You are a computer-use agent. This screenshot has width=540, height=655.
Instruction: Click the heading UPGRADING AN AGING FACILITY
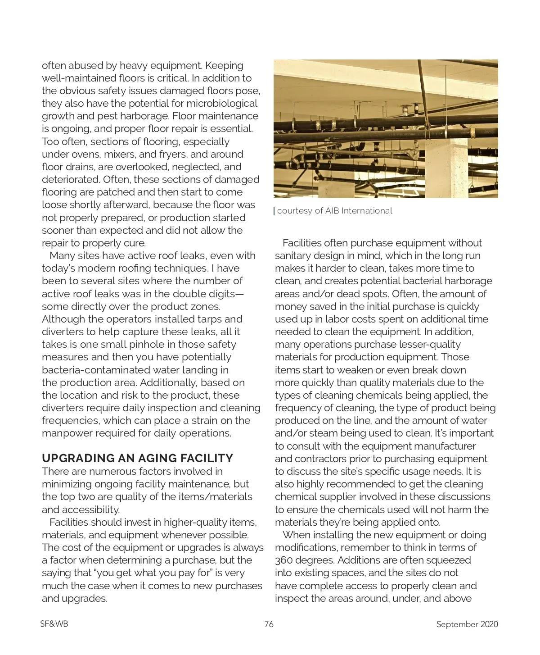pyautogui.click(x=137, y=459)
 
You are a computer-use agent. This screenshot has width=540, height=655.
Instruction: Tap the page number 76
pyautogui.click(x=269, y=624)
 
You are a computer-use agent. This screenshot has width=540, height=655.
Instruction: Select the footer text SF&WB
pyautogui.click(x=54, y=624)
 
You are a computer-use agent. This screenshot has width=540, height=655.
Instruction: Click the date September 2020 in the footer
pyautogui.click(x=467, y=624)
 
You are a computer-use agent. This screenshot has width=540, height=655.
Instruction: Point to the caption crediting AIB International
pyautogui.click(x=334, y=211)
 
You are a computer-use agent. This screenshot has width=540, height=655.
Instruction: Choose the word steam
pyautogui.click(x=316, y=433)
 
